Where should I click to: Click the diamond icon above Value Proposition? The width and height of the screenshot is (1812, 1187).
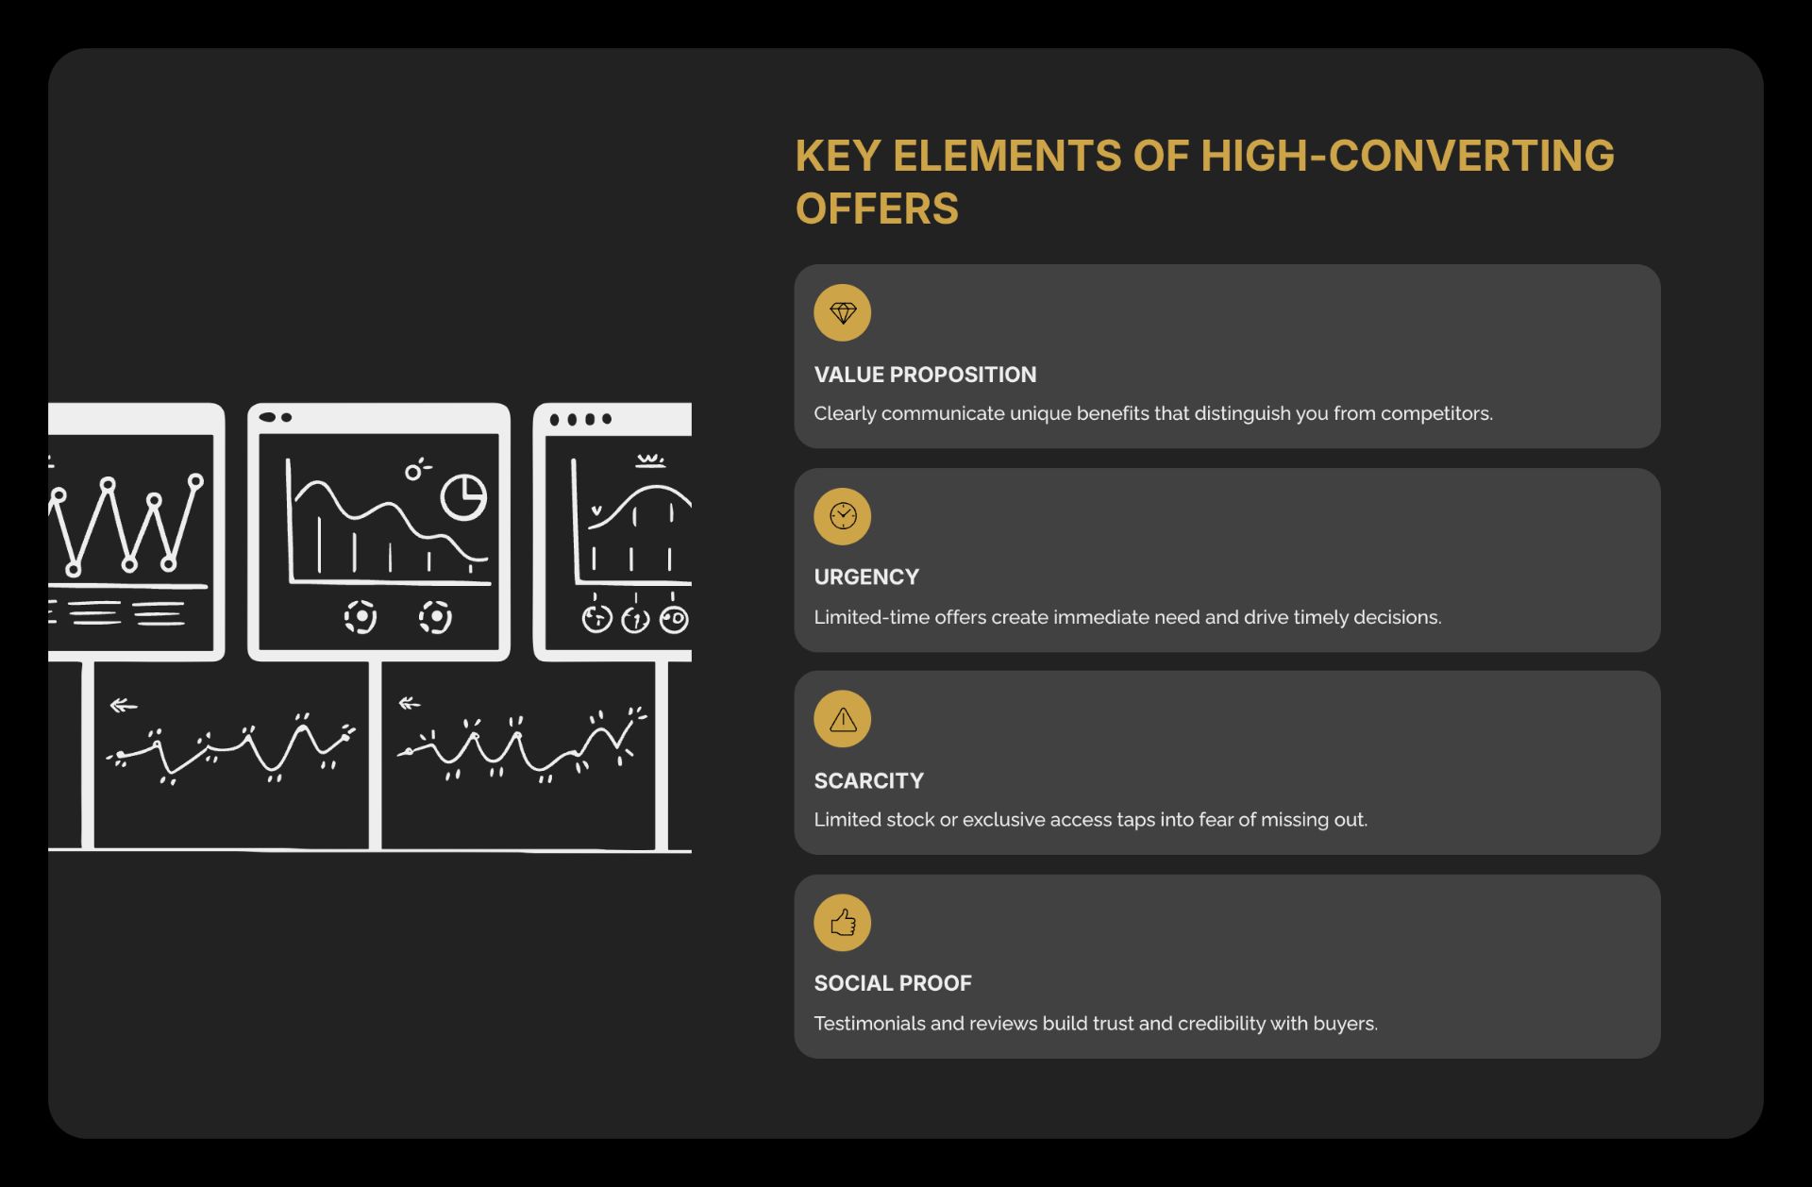842,312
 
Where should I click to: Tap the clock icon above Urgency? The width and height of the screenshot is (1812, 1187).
842,516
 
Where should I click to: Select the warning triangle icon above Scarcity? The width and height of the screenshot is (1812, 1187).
842,720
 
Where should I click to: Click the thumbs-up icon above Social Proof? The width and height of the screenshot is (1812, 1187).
842,922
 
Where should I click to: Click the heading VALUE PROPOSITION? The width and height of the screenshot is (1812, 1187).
925,375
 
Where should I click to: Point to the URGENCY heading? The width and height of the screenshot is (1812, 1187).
866,577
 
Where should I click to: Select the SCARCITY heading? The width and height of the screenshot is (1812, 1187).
868,781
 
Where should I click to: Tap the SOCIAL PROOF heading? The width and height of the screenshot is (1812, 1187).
893,983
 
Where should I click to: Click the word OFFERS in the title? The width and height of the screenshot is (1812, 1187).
877,209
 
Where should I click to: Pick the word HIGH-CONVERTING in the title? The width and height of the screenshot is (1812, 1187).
1407,156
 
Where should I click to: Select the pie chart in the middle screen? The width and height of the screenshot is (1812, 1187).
463,496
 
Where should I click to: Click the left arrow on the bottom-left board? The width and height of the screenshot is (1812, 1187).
124,706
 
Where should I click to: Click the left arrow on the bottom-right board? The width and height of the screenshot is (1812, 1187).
410,703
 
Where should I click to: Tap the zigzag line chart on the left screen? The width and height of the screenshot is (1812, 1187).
127,525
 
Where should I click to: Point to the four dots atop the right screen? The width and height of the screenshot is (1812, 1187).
580,419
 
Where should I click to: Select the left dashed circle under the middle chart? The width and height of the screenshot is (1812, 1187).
361,617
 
